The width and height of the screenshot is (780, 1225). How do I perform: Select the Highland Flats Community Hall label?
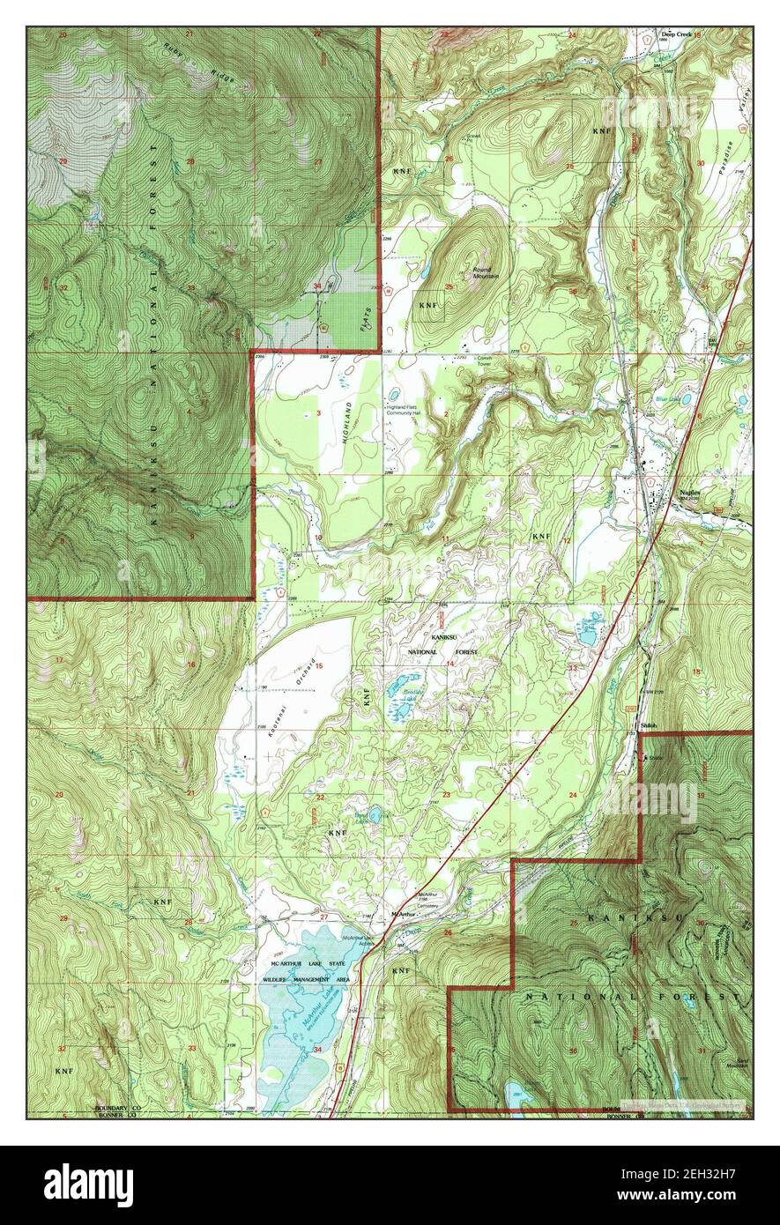(412, 410)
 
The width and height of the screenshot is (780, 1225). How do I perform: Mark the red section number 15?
(319, 665)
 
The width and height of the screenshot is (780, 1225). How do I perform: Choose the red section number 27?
(324, 917)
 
